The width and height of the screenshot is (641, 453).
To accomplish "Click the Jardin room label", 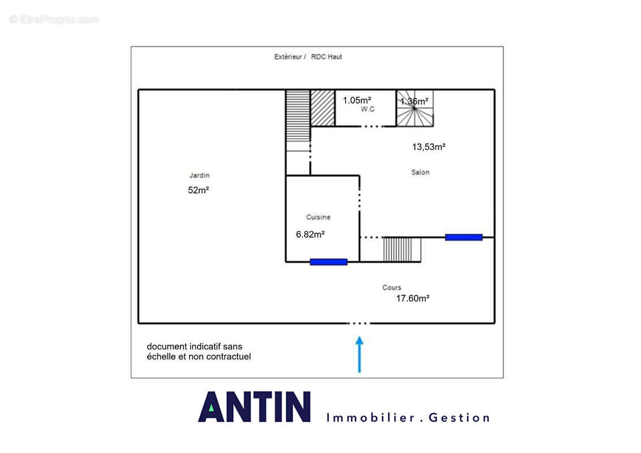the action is pos(199,176).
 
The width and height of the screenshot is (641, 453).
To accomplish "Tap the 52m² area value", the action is pos(198,190).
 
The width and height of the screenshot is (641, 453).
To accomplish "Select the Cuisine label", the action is pos(318,217).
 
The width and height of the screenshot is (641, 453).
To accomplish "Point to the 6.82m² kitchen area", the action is pos(310,234).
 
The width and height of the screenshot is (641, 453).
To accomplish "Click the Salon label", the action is pos(420,173).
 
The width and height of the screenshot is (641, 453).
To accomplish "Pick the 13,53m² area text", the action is pos(429,147).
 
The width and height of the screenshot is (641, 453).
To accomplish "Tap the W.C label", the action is pos(367,109).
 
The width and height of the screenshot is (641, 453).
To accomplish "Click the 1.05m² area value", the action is pos(357,100).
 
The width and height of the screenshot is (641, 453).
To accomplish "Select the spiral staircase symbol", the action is pos(415,108).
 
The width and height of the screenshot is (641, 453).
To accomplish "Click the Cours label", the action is pos(392,288).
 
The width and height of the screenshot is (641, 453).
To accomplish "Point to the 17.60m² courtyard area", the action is pos(412,298).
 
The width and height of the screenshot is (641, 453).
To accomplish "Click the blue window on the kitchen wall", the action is pos(328,262).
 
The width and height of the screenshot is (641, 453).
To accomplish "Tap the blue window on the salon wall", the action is pos(464,237).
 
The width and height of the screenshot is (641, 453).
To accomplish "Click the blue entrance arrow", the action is pos(360,354).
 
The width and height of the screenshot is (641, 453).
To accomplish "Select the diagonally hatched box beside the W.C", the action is pos(323,108).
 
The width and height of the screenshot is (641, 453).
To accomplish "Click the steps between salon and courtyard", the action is pos(402,249).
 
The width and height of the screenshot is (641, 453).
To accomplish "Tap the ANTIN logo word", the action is pos(254,407).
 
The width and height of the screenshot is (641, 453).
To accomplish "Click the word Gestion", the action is pos(459,418).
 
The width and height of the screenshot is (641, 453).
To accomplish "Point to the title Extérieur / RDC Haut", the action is pos(308,57).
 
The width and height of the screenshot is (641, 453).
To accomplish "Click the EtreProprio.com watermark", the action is pos(54,19).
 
